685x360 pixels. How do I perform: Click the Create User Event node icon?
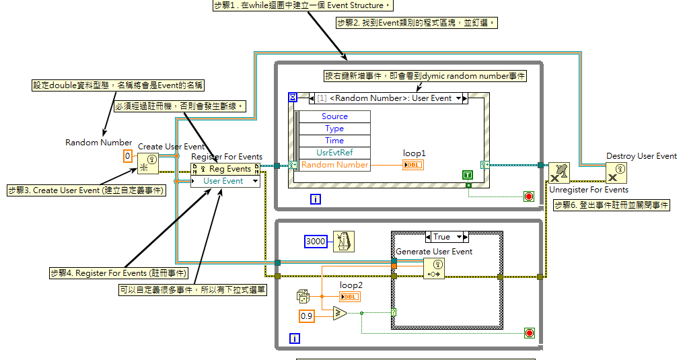pos(148,163)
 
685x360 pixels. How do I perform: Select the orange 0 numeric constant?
pos(128,156)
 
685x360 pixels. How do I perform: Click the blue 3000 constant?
pos(316,241)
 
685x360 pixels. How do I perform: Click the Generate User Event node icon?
pos(433,268)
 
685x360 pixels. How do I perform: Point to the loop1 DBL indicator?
pos(413,165)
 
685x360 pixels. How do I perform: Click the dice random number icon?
pos(303,296)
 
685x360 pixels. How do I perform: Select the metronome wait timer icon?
pos(343,241)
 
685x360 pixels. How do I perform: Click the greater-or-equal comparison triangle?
pos(340,313)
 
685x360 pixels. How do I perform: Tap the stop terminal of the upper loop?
pos(528,197)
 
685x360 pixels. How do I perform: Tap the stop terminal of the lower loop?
pos(528,333)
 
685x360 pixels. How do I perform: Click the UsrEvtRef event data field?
pos(334,153)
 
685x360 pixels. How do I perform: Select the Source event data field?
pos(334,116)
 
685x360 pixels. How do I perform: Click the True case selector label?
pos(442,237)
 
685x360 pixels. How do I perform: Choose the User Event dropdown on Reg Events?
pos(225,181)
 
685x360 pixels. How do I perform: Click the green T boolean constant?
pos(468,175)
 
